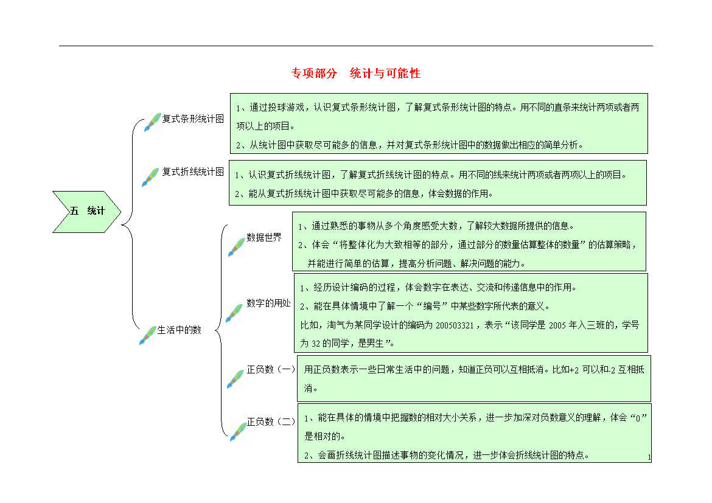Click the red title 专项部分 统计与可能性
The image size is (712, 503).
pyautogui.click(x=356, y=73)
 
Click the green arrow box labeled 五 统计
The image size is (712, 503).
pyautogui.click(x=87, y=212)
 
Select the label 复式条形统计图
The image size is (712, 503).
pyautogui.click(x=193, y=119)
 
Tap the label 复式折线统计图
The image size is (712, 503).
pyautogui.click(x=193, y=172)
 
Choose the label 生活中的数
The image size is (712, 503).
pyautogui.click(x=179, y=330)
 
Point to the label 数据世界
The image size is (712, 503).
pyautogui.click(x=264, y=237)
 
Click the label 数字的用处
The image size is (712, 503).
pyautogui.click(x=268, y=304)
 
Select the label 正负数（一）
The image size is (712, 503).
pyautogui.click(x=271, y=370)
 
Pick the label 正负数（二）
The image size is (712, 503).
pyautogui.click(x=271, y=421)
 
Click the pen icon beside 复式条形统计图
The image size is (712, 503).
pyautogui.click(x=153, y=123)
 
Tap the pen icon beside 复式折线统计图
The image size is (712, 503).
pyautogui.click(x=150, y=177)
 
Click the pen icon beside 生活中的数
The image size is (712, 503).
pyautogui.click(x=148, y=336)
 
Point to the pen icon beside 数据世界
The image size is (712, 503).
pyautogui.click(x=237, y=247)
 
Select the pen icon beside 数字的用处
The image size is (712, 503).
pyautogui.click(x=234, y=313)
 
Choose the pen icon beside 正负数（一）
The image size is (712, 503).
pyautogui.click(x=236, y=379)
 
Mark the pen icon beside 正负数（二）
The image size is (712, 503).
pyautogui.click(x=238, y=432)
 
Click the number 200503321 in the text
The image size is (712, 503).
pyautogui.click(x=455, y=325)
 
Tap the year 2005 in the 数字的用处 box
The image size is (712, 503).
pyautogui.click(x=557, y=325)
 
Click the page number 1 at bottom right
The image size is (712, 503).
pyautogui.click(x=649, y=457)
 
